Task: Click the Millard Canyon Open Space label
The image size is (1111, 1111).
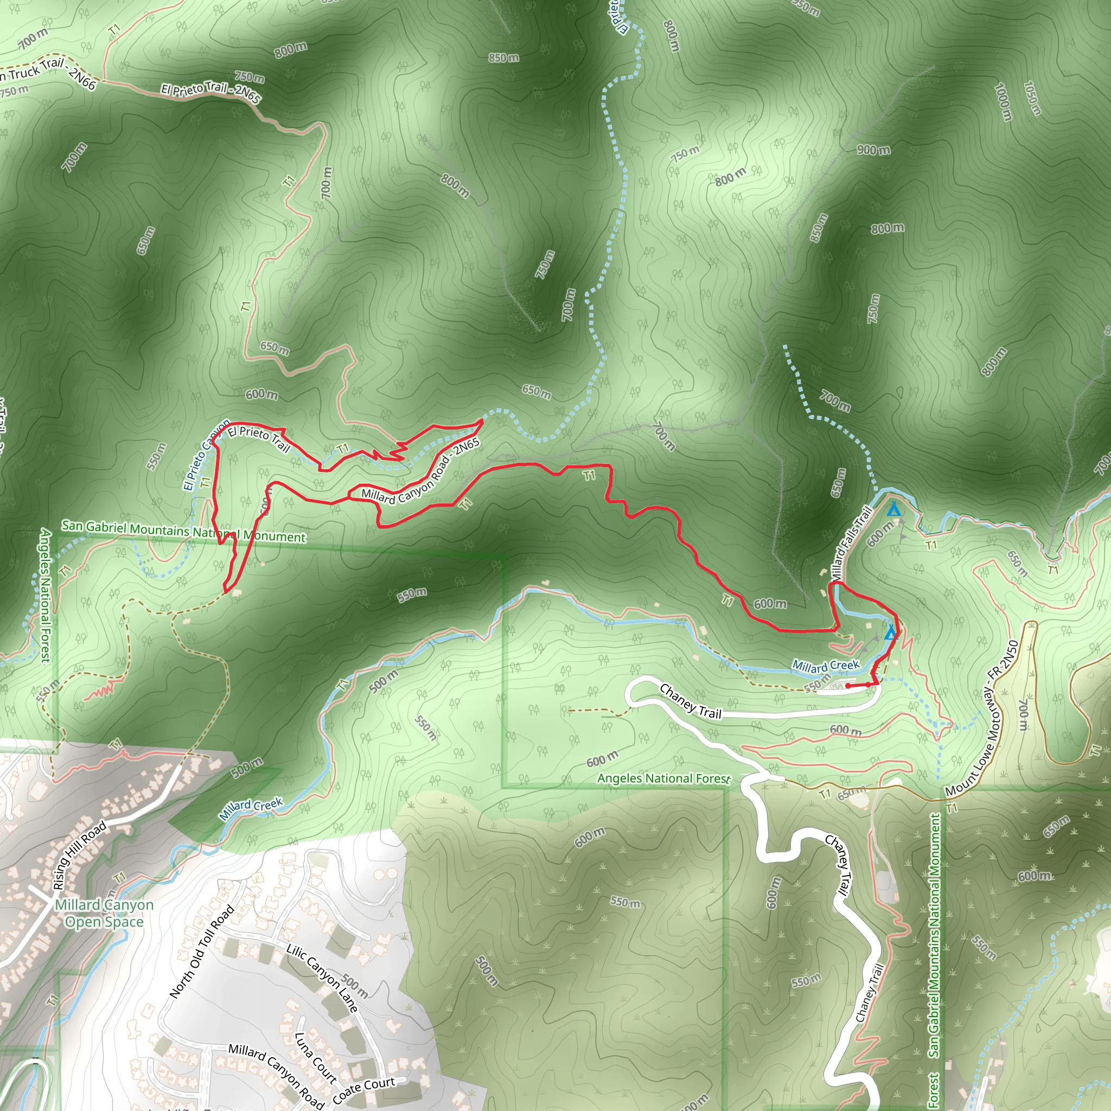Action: [x=104, y=913]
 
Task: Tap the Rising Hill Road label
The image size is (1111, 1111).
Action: [x=79, y=855]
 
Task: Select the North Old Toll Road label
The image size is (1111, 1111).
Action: [x=202, y=951]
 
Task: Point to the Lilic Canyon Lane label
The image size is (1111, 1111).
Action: [x=322, y=978]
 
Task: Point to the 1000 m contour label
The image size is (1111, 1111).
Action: [x=1003, y=103]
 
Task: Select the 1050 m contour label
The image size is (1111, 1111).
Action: [x=1032, y=98]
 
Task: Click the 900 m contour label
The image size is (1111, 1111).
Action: [x=873, y=150]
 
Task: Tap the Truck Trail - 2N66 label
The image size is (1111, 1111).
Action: [x=49, y=73]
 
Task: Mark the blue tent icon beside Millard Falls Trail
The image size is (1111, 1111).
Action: [x=893, y=509]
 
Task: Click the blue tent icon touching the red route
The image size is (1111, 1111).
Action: [x=891, y=633]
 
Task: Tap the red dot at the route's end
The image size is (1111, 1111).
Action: [x=848, y=686]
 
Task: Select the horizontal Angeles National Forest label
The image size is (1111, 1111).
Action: [x=663, y=778]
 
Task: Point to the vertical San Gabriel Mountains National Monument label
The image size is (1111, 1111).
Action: [x=934, y=935]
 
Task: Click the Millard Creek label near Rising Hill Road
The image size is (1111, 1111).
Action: [x=251, y=808]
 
